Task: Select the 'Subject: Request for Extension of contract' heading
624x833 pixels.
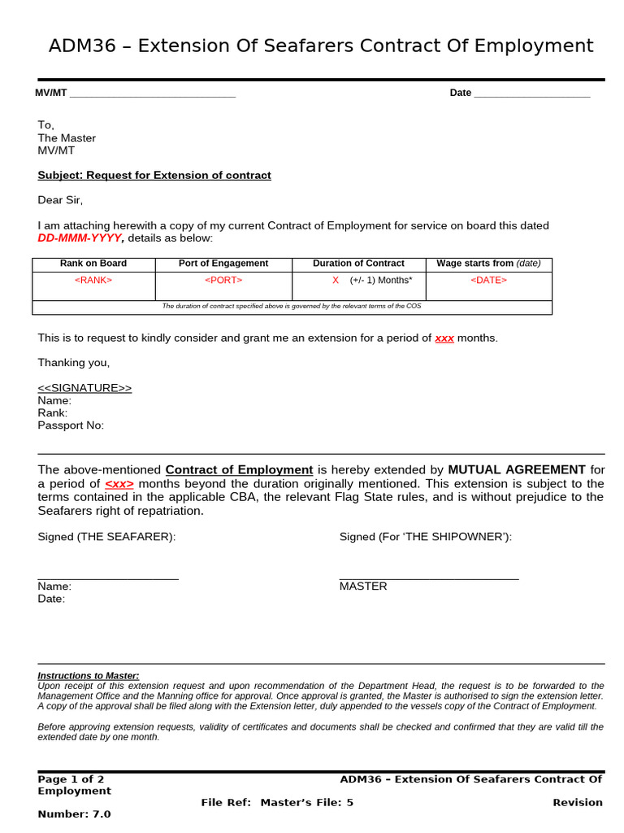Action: (x=154, y=175)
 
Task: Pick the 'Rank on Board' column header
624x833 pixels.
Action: (x=93, y=264)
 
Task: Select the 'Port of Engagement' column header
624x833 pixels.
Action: (x=223, y=264)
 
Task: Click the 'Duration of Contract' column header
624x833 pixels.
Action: (x=358, y=264)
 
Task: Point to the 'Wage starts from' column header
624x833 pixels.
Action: (x=475, y=264)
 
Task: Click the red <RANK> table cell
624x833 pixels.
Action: (x=93, y=280)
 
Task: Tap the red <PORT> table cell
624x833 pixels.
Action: (x=223, y=280)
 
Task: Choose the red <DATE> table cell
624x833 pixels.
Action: (x=488, y=280)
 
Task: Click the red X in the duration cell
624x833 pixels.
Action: (x=336, y=280)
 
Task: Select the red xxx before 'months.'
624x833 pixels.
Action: (x=444, y=338)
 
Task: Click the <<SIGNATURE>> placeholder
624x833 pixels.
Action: (x=84, y=388)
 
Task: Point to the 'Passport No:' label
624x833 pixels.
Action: (x=71, y=425)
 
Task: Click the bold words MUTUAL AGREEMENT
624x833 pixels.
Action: (x=517, y=469)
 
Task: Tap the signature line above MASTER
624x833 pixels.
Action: (x=428, y=578)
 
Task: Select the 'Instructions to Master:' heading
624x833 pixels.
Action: (x=89, y=675)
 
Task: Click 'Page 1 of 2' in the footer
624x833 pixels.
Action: (x=71, y=778)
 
